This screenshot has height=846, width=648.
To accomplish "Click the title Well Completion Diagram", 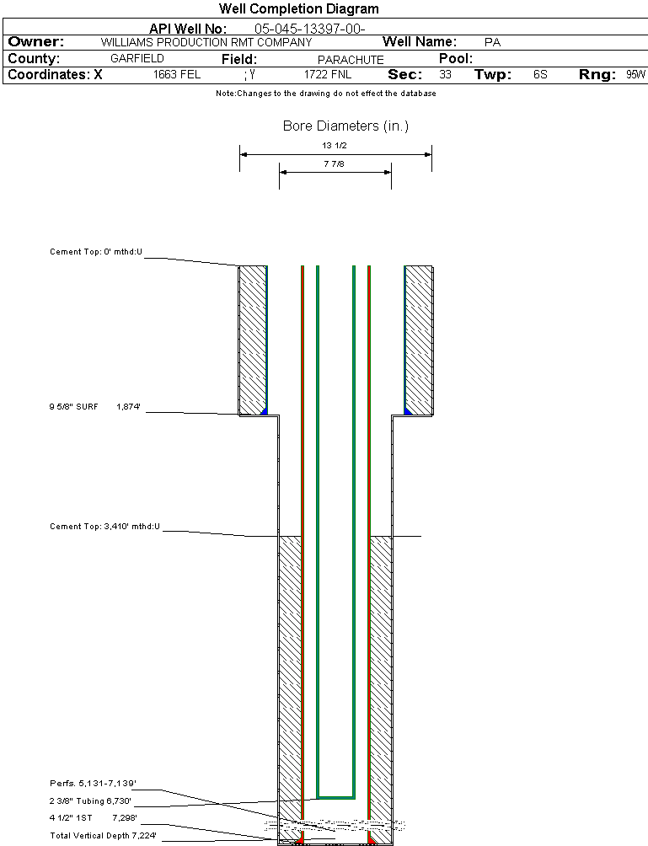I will pyautogui.click(x=298, y=9).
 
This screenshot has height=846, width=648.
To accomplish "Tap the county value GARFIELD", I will pyautogui.click(x=137, y=59).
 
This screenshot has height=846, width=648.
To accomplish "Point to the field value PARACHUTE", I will pyautogui.click(x=351, y=60).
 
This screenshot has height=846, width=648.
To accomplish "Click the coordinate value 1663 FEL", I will pyautogui.click(x=177, y=75).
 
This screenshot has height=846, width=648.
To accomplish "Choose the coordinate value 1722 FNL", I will pyautogui.click(x=328, y=75).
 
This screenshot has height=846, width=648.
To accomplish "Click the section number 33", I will pyautogui.click(x=445, y=75).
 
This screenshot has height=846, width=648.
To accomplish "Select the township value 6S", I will pyautogui.click(x=540, y=75).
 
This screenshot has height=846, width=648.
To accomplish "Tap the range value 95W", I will pyautogui.click(x=635, y=75).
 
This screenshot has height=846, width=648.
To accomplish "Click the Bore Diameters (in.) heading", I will pyautogui.click(x=345, y=126).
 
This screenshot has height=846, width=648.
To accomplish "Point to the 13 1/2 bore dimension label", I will pyautogui.click(x=335, y=146).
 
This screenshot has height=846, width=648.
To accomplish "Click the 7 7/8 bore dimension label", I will pyautogui.click(x=335, y=164).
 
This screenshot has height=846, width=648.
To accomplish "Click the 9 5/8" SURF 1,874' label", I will pyautogui.click(x=94, y=407).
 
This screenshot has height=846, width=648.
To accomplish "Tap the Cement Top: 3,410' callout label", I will pyautogui.click(x=104, y=527).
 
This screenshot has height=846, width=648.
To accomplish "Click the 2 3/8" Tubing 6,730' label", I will pyautogui.click(x=90, y=801).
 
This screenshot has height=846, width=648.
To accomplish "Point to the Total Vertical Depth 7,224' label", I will pyautogui.click(x=103, y=835).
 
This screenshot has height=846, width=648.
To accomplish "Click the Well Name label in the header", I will pyautogui.click(x=420, y=42).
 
